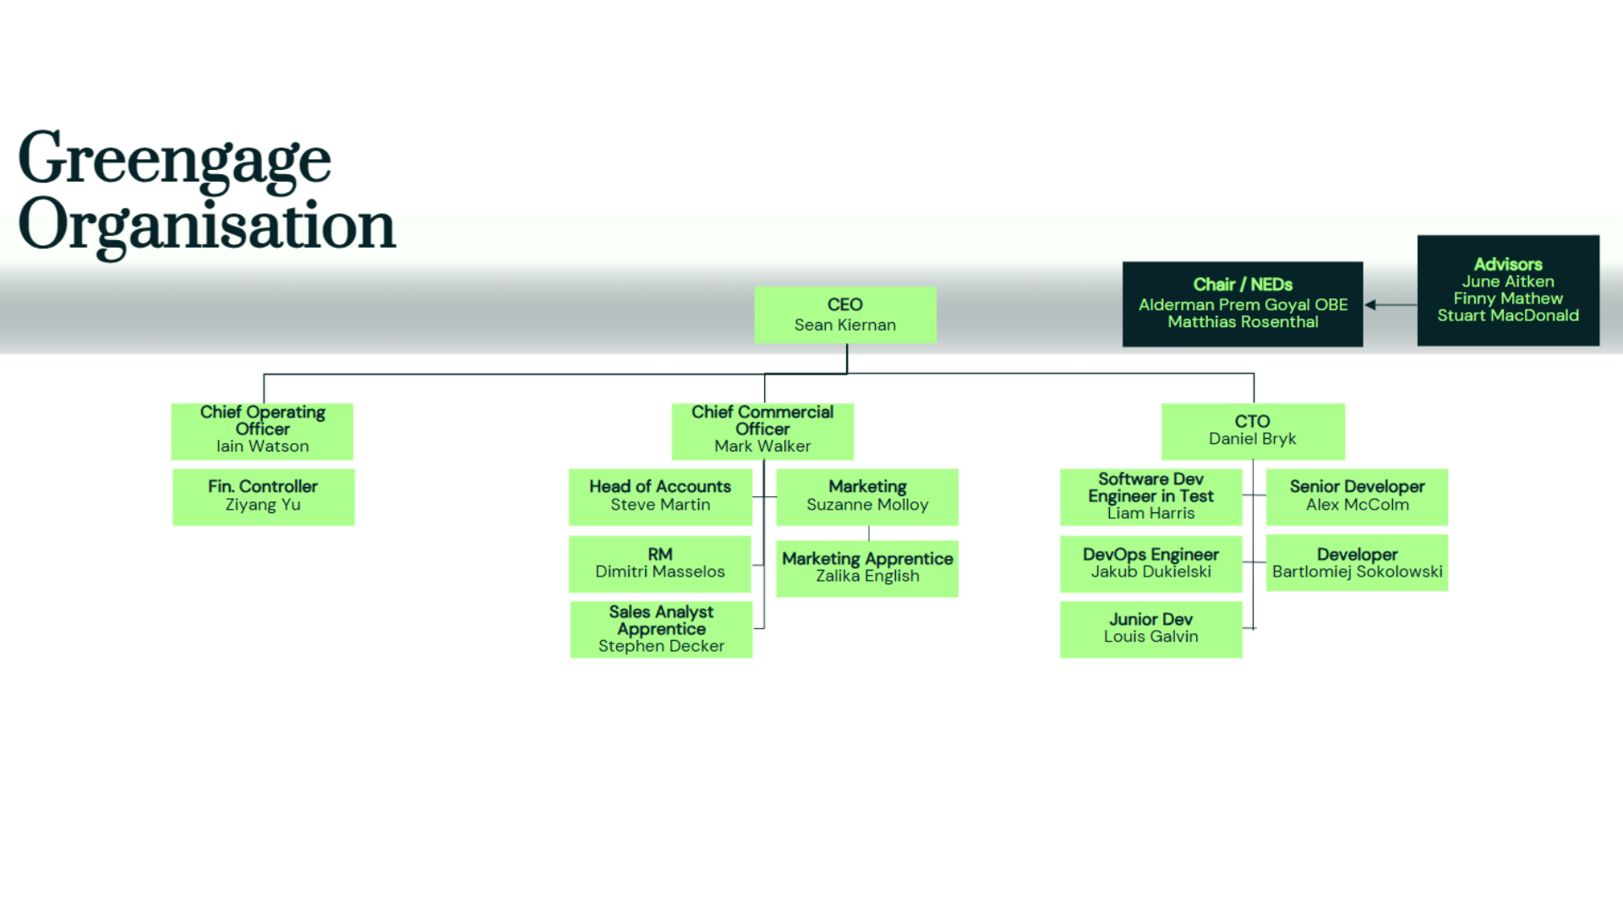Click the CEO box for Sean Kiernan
tap(844, 314)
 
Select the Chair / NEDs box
tap(1242, 303)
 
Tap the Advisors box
tap(1507, 290)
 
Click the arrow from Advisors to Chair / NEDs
tap(1390, 304)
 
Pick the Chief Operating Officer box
tap(262, 430)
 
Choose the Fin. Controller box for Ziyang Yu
tap(263, 496)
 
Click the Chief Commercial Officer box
tap(762, 430)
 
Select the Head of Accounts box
tap(659, 496)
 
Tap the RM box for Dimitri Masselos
tap(659, 563)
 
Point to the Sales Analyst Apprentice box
tap(660, 629)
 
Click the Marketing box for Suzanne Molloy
tap(866, 496)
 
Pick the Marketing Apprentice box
tap(866, 567)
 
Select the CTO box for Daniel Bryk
tap(1252, 430)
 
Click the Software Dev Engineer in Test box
tap(1150, 496)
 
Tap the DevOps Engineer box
tap(1150, 563)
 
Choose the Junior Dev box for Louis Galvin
tap(1150, 629)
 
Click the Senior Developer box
tap(1356, 496)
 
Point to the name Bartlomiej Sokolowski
tap(1357, 572)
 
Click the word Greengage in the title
tap(175, 159)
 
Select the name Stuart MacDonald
tap(1507, 315)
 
